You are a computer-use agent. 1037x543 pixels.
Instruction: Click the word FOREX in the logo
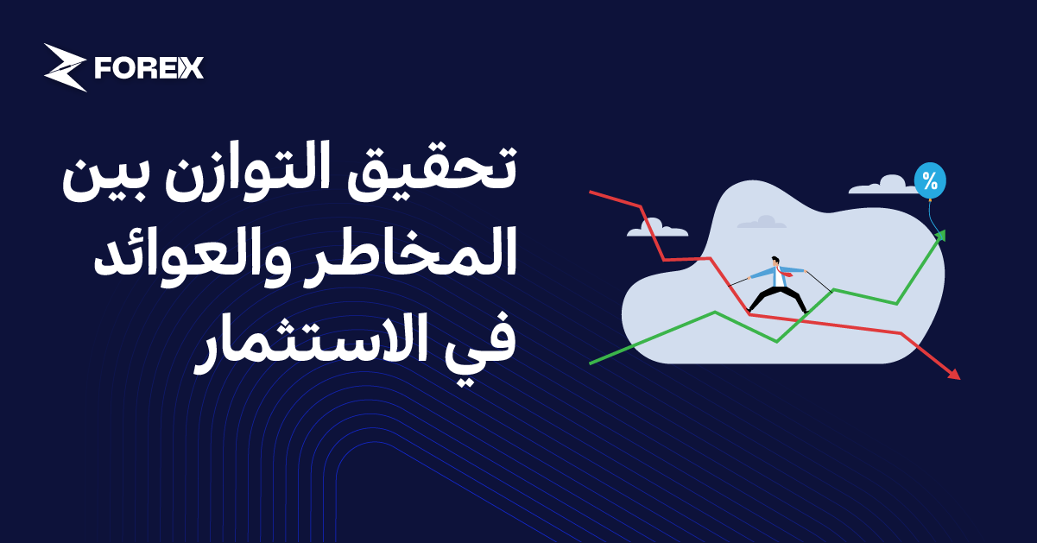(x=149, y=68)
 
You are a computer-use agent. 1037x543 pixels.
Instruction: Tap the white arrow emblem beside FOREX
(x=66, y=67)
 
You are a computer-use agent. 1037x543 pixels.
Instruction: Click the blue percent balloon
(x=930, y=181)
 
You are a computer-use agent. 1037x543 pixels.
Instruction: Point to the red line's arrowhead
(x=953, y=374)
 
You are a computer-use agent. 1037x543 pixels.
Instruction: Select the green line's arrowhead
(x=940, y=236)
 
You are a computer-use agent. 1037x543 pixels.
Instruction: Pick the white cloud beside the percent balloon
(x=880, y=185)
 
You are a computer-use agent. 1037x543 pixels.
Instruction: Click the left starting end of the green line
(x=592, y=362)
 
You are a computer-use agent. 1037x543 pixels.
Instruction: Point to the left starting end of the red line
(x=591, y=192)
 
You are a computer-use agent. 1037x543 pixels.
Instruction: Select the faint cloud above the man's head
(x=762, y=222)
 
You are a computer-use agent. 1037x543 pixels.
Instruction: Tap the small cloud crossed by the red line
(x=656, y=227)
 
